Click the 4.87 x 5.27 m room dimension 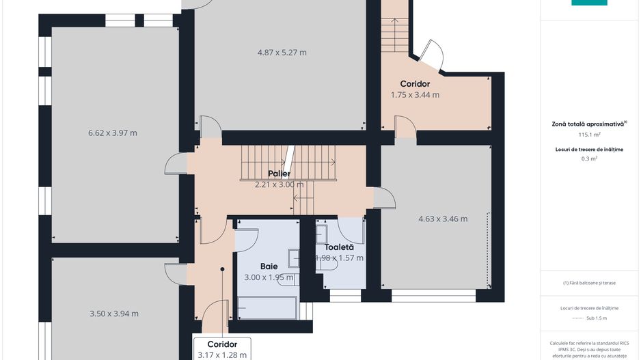[282, 53]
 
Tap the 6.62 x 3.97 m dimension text [113, 133]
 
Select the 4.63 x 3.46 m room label [443, 219]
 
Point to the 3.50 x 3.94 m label [114, 314]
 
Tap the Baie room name [269, 266]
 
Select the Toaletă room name [340, 247]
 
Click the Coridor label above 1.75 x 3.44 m [415, 83]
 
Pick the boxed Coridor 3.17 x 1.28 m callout [222, 349]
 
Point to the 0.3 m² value [588, 158]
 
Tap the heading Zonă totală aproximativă [588, 124]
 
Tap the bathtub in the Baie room [267, 307]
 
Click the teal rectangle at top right [589, 3]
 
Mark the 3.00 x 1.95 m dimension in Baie [269, 277]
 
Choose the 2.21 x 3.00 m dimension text [279, 184]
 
